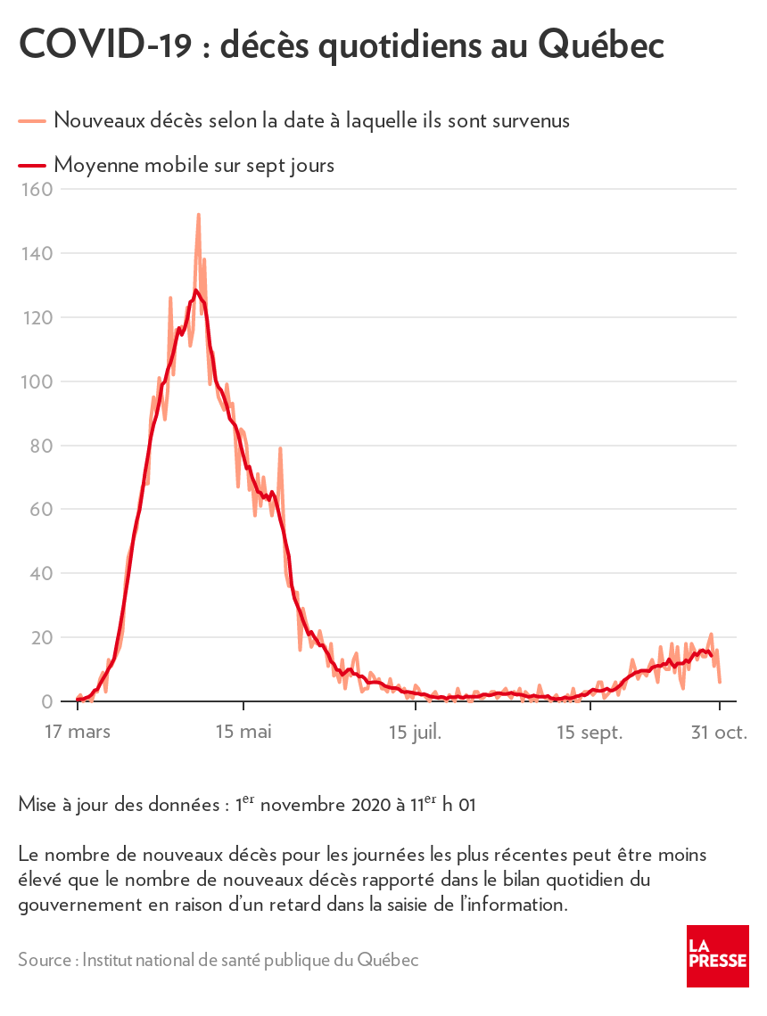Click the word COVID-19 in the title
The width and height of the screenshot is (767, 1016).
tap(105, 44)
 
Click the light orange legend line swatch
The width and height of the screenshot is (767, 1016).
tap(32, 119)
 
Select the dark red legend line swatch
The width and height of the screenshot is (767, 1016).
tap(32, 165)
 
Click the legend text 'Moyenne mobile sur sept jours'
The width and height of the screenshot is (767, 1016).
tap(194, 165)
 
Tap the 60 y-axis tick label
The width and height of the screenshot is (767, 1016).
tap(41, 510)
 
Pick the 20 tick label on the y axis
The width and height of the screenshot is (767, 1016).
tap(41, 637)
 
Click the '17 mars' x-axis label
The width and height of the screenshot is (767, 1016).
tap(77, 733)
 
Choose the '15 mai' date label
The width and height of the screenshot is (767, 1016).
tap(243, 733)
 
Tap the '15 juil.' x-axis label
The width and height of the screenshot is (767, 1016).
tap(416, 733)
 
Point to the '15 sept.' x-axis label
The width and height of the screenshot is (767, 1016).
tap(590, 733)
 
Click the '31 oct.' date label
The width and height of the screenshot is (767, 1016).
tap(720, 733)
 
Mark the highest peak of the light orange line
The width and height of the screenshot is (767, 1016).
tap(198, 215)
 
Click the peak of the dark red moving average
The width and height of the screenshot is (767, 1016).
tap(196, 291)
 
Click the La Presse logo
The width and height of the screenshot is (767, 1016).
tap(717, 955)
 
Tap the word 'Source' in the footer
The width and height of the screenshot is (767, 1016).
tap(45, 960)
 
